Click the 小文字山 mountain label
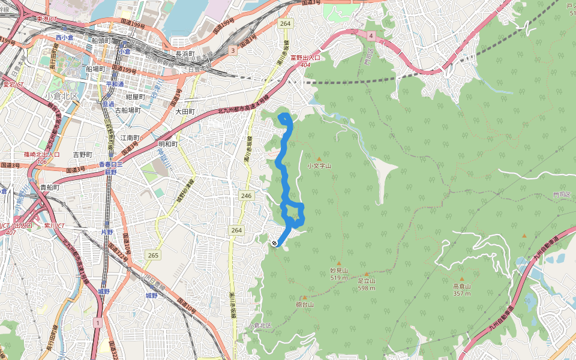tap(319, 166)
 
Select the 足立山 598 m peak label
tap(367, 283)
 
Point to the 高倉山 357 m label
tap(462, 290)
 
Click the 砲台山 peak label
tap(305, 305)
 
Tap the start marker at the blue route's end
tap(274, 243)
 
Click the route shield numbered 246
tap(246, 196)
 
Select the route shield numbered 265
tap(153, 256)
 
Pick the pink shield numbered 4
tap(371, 37)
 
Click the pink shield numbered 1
tap(97, 323)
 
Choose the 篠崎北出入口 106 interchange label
tap(41, 158)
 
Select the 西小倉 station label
tap(64, 37)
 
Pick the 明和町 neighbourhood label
tap(168, 144)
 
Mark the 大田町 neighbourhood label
tap(185, 112)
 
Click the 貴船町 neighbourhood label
tap(49, 187)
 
